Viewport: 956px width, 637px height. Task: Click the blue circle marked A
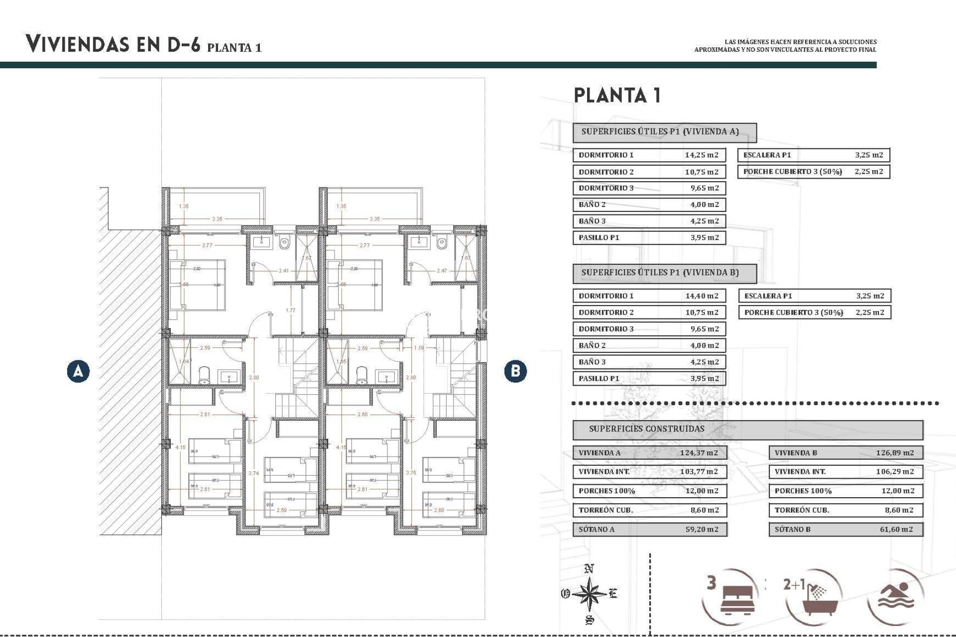tap(78, 371)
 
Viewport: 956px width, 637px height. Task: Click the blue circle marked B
tap(515, 371)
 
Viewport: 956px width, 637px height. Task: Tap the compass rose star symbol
tap(589, 594)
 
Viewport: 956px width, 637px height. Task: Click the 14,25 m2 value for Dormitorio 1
tap(701, 155)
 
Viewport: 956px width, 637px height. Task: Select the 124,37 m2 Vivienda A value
tap(699, 453)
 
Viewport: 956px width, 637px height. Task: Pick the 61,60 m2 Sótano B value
tap(896, 530)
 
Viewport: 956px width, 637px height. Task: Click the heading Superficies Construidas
tap(646, 429)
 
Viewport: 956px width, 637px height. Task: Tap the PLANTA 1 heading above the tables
tap(617, 96)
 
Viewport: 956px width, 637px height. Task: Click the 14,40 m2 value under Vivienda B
tap(702, 296)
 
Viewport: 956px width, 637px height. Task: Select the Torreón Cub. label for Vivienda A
tap(605, 510)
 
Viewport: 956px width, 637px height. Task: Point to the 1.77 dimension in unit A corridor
tap(290, 311)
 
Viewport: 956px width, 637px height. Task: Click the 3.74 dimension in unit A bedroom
tap(253, 473)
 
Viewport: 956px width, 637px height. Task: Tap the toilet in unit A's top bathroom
tap(284, 243)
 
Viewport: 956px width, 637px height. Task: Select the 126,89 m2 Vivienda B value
tap(895, 453)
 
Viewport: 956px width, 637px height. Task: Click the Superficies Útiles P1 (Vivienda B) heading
tap(660, 273)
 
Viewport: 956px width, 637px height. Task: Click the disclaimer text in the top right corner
tap(785, 46)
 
